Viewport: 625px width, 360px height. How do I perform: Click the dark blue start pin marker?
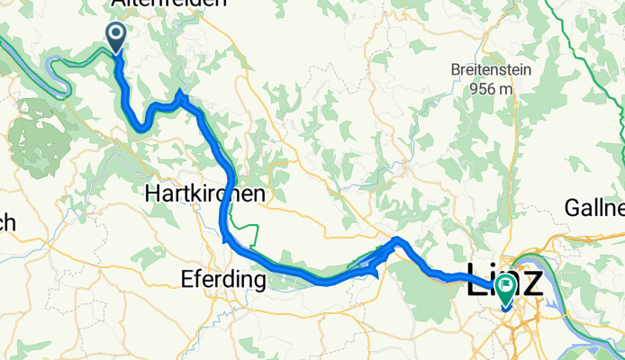coord(116,37)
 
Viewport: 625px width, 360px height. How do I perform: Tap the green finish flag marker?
coord(503,289)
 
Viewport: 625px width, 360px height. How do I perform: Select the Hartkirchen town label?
coord(204,194)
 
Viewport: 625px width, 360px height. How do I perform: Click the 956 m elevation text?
coord(492,88)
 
